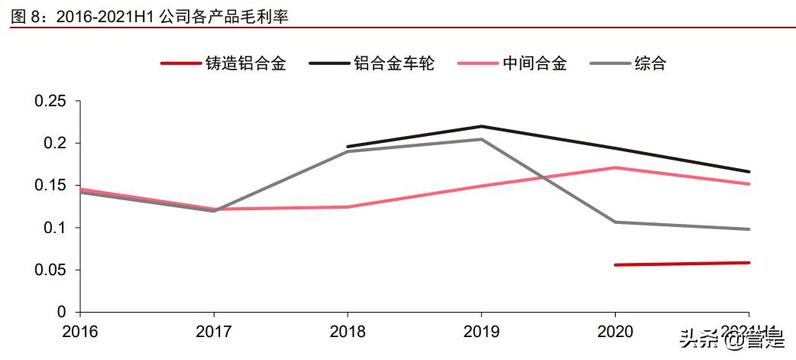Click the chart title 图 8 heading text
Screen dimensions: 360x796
tap(150, 15)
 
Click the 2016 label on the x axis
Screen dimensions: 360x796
tap(80, 330)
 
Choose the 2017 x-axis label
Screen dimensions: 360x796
tap(214, 330)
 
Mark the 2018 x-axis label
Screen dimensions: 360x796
tap(348, 330)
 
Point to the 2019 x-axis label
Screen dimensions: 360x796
tap(481, 330)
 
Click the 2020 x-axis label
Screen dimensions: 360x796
tap(615, 330)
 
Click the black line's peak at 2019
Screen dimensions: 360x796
tap(481, 126)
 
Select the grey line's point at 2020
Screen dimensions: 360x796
tap(615, 222)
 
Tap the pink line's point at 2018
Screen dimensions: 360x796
tap(348, 206)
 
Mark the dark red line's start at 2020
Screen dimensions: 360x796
tap(615, 264)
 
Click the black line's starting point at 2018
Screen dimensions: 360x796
tap(348, 147)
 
